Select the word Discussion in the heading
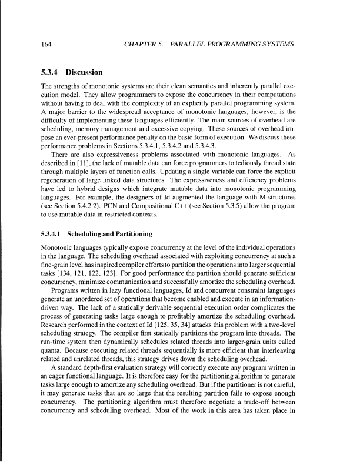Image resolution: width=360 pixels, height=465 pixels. point(84,73)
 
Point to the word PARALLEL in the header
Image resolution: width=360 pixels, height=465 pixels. point(207,44)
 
